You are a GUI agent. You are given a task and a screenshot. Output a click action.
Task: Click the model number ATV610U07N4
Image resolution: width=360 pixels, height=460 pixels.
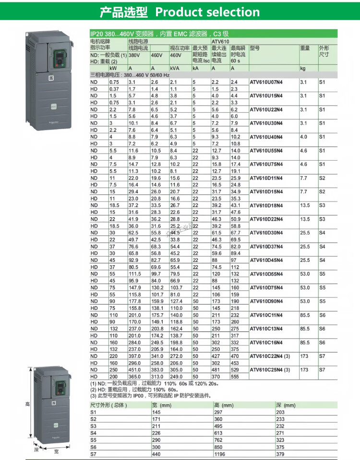pos(266,83)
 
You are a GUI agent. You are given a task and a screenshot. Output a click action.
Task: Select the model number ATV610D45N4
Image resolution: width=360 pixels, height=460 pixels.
pos(266,260)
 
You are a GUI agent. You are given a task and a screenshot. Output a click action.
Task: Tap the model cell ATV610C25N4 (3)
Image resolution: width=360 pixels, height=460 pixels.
pos(270,370)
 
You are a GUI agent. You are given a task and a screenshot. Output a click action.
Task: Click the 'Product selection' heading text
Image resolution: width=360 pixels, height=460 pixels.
pos(207,12)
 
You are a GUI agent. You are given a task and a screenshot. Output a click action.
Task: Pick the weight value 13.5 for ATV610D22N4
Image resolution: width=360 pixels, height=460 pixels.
pos(305,219)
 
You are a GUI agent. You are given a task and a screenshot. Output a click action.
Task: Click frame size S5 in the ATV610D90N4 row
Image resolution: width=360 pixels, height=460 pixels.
pos(322,301)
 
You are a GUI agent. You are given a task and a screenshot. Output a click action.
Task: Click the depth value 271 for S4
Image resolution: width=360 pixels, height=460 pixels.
pos(281,432)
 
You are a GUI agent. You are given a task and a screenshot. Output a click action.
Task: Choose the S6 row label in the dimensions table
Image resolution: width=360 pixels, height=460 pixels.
pos(93,446)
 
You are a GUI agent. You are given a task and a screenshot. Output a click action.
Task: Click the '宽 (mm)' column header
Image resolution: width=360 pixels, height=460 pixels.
pos(159,405)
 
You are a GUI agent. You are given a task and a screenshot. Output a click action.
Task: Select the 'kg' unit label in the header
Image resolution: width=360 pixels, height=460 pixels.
pos(303,69)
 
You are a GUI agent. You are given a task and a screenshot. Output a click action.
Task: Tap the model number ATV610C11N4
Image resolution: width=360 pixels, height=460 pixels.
pos(266,315)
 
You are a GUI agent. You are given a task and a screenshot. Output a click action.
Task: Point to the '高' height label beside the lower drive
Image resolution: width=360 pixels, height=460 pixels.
pos(27,404)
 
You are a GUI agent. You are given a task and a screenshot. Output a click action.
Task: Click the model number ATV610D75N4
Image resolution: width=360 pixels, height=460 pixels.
pos(266,288)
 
